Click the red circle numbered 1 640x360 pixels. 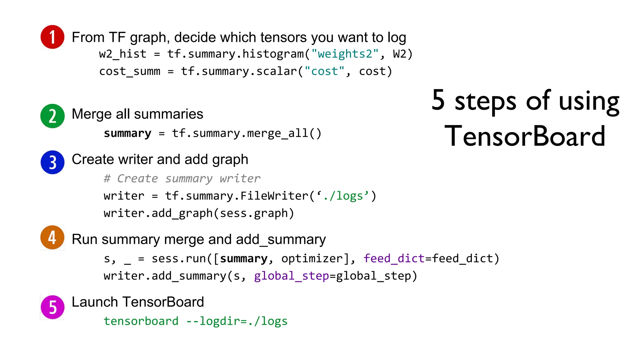coord(52,37)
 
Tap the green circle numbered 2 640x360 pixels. coord(52,116)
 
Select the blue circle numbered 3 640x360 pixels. coord(52,162)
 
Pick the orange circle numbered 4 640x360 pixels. coord(52,237)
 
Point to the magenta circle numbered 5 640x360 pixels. coord(52,307)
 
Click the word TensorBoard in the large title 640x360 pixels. coord(525,136)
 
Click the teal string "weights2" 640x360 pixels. coord(345,54)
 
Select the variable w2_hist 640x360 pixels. coord(122,54)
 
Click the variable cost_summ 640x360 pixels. coord(129,72)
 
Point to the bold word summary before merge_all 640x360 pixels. coord(127,133)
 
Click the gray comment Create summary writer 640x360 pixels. coord(182,178)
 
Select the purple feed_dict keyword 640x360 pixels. coord(394,258)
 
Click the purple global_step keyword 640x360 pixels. coord(291,276)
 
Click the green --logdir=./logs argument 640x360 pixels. coord(237,321)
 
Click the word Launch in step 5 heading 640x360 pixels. coord(95,302)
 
